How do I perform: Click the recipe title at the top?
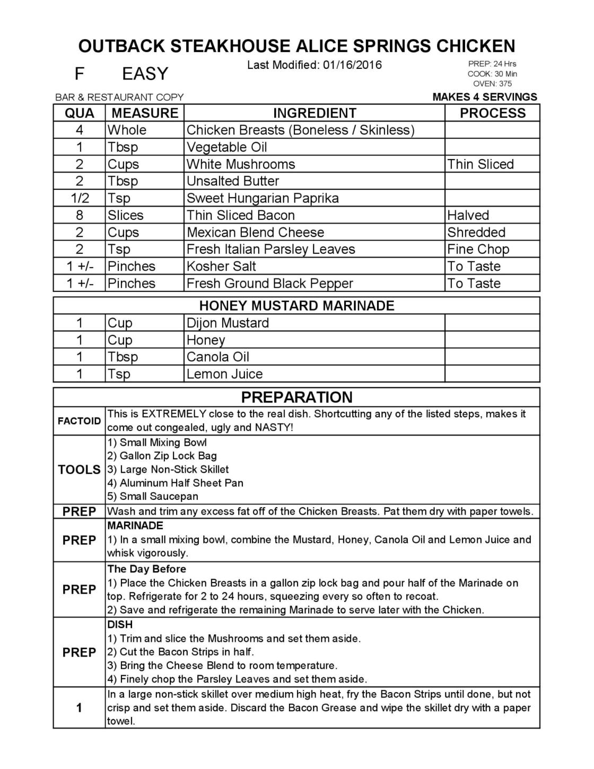click(296, 46)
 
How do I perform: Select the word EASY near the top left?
click(145, 74)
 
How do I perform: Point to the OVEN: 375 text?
click(492, 84)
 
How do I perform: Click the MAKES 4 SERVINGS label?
click(485, 97)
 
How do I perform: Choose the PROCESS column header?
click(492, 113)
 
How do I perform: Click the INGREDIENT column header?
click(315, 113)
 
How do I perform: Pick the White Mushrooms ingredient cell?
click(241, 164)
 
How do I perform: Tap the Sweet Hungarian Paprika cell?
click(263, 198)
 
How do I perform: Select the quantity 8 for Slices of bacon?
click(80, 215)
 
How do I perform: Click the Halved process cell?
click(468, 215)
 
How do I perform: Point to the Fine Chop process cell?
click(478, 249)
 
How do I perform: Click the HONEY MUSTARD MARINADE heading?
click(296, 306)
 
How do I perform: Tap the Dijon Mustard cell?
click(228, 323)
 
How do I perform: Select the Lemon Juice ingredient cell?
click(225, 374)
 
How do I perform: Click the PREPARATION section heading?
click(296, 397)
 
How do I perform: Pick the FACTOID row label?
click(79, 421)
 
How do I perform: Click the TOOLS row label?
click(79, 470)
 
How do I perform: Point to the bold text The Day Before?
click(147, 569)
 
